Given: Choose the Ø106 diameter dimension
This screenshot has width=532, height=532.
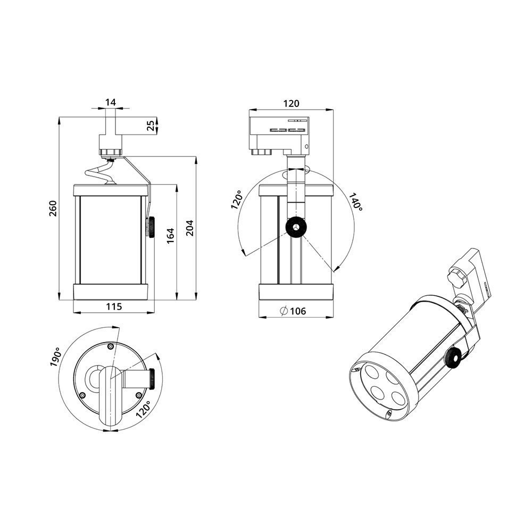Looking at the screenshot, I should (293, 311).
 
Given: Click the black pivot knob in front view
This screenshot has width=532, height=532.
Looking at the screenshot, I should (294, 228).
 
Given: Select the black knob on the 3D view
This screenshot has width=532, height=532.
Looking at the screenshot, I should (453, 358).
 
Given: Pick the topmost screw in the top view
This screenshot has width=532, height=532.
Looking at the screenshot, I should (110, 346).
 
